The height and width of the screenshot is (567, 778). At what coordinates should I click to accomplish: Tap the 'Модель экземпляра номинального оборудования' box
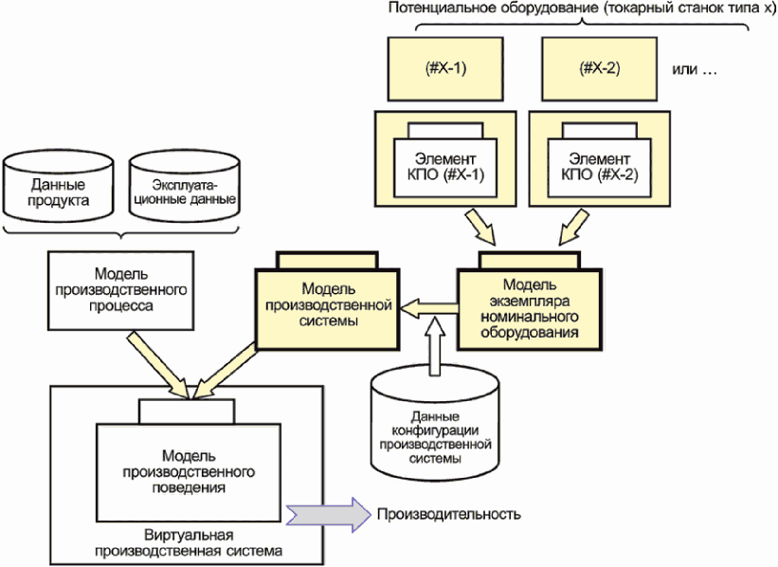click(529, 309)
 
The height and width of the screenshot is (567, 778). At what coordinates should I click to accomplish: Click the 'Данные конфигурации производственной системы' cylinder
click(438, 427)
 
